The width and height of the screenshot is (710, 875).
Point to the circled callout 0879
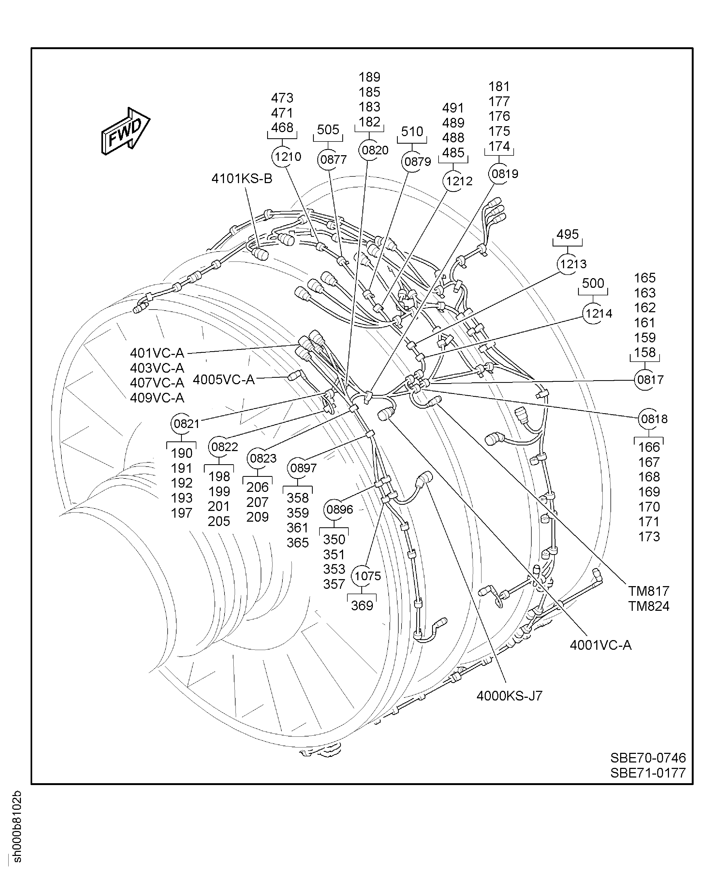(417, 162)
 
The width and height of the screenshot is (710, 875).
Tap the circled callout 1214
(598, 314)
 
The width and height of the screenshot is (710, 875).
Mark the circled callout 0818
(654, 419)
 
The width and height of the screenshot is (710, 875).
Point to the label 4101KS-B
(242, 179)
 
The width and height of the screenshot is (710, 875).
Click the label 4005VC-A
(224, 380)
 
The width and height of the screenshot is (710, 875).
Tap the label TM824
(649, 606)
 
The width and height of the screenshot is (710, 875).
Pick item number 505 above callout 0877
(328, 130)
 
